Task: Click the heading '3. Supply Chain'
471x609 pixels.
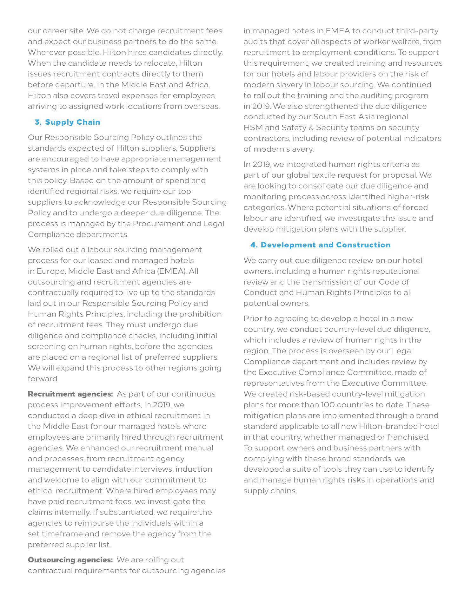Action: pos(67,122)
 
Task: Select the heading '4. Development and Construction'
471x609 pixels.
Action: pos(321,245)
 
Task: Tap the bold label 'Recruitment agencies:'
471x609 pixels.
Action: pos(70,394)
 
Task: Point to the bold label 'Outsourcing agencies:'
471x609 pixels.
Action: pos(70,560)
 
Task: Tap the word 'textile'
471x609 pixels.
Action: pos(324,175)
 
